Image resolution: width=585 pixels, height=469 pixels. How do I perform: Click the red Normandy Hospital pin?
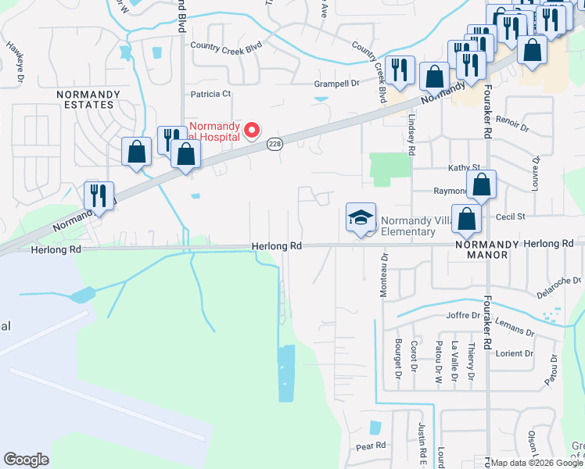[x=252, y=130]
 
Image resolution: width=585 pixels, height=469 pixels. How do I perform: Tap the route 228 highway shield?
[x=274, y=144]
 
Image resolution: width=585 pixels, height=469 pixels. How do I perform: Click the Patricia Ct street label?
[x=211, y=94]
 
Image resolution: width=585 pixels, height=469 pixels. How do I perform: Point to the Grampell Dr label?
[x=336, y=82]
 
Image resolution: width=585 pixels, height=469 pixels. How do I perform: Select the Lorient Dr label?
[x=513, y=353]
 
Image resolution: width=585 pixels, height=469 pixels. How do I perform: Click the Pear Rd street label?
[x=371, y=446]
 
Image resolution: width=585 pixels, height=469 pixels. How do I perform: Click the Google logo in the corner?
[x=26, y=460]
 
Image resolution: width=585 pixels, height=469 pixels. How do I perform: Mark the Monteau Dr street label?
[x=384, y=267]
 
